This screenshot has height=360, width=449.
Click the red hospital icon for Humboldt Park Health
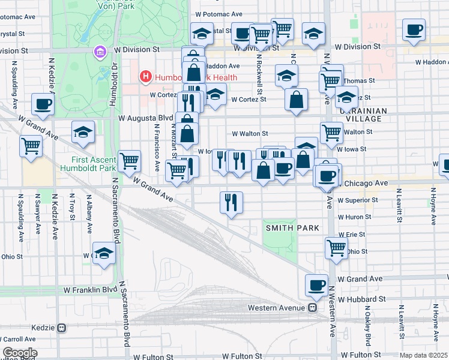[145, 77]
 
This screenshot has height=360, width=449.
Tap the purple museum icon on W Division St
[98, 53]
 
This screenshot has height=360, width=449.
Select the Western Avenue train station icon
[313, 308]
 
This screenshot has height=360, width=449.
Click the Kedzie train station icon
[61, 328]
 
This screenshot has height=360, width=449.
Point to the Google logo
[19, 353]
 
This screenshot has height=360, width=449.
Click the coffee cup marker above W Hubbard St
[317, 286]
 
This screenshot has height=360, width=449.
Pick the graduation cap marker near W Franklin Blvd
[104, 253]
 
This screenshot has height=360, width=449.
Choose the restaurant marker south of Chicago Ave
[231, 202]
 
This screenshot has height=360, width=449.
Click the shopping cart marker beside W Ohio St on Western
[336, 247]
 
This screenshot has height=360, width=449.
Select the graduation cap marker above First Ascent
[83, 133]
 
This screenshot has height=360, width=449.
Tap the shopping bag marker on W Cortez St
[297, 100]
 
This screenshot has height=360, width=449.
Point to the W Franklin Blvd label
[89, 289]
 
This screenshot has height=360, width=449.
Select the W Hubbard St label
[361, 299]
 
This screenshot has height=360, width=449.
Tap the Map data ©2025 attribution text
[424, 355]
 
